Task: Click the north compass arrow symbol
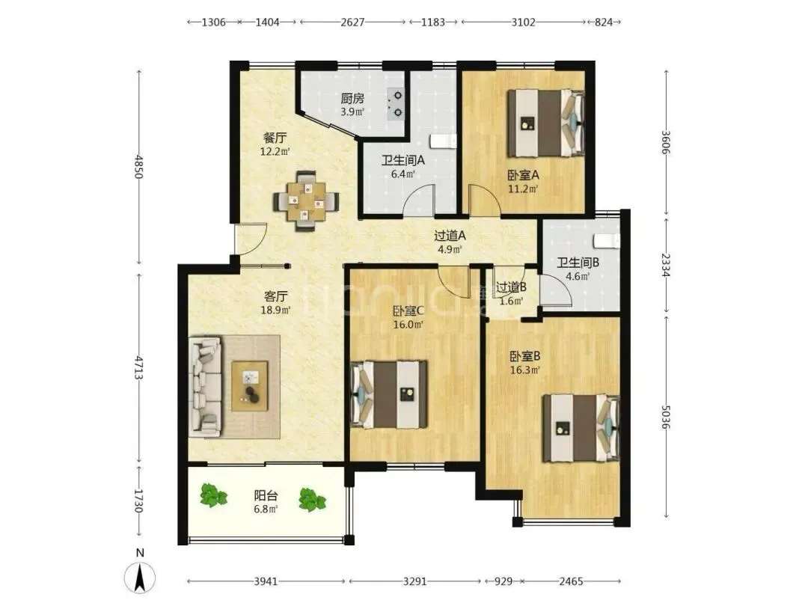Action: pos(140,578)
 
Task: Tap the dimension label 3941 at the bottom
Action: pos(266,582)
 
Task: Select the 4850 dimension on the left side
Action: pos(138,166)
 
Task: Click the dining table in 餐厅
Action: pos(307,201)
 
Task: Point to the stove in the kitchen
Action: pos(397,104)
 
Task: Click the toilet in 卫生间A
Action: pos(442,141)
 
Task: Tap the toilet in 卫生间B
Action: pos(606,241)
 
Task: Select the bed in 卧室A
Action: pos(546,123)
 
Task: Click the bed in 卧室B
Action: pos(581,428)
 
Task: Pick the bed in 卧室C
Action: pos(389,394)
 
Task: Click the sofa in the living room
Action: pos(206,387)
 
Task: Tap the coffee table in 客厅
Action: pos(250,387)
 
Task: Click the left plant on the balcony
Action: pos(213,495)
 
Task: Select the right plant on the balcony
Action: pos(312,499)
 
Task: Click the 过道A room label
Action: pos(450,236)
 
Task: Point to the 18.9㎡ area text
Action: pos(275,310)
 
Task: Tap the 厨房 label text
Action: pos(352,99)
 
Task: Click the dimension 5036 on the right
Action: pos(666,417)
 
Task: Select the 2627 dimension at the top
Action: pos(352,22)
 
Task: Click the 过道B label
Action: pos(511,287)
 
